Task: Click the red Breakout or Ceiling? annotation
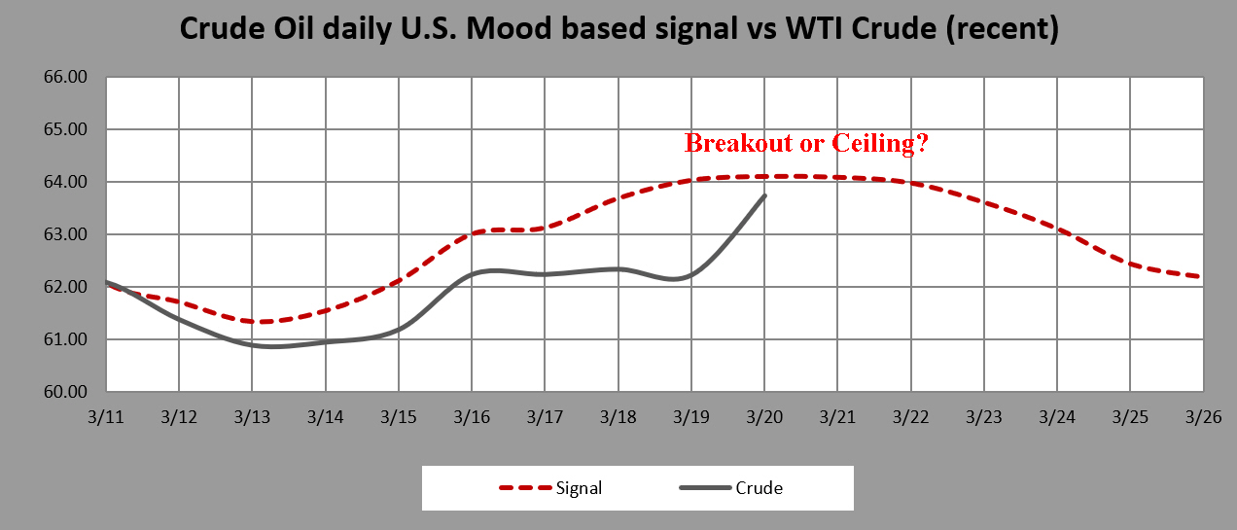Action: pyautogui.click(x=806, y=143)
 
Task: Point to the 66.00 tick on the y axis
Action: pyautogui.click(x=66, y=77)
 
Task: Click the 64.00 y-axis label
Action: pyautogui.click(x=66, y=182)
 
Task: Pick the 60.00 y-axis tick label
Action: pyautogui.click(x=66, y=392)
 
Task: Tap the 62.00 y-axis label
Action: pyautogui.click(x=66, y=287)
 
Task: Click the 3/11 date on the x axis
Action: pyautogui.click(x=106, y=417)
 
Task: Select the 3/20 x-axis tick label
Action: pyautogui.click(x=764, y=417)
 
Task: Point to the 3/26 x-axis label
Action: pyautogui.click(x=1203, y=417)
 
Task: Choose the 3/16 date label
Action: pyautogui.click(x=472, y=417)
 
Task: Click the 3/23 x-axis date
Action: pyautogui.click(x=983, y=417)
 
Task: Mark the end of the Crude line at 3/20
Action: pyautogui.click(x=764, y=194)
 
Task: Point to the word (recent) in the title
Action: pyautogui.click(x=1003, y=29)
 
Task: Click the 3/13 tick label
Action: pyautogui.click(x=252, y=417)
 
